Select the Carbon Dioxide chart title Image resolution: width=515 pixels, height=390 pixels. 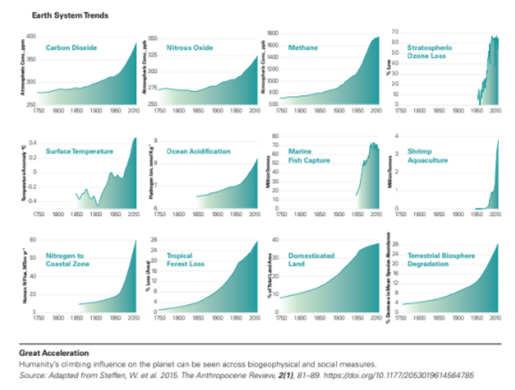[x=72, y=48]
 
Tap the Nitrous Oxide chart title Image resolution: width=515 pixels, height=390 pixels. [x=189, y=48]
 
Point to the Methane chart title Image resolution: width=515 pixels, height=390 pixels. [x=303, y=48]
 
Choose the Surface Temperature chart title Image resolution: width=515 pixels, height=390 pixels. [x=79, y=152]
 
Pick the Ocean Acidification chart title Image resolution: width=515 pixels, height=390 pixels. [x=198, y=152]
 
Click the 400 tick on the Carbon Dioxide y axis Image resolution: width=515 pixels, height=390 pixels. [x=31, y=36]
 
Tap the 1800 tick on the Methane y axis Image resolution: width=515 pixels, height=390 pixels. [x=272, y=34]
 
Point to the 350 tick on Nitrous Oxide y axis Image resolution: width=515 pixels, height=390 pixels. [x=153, y=37]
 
